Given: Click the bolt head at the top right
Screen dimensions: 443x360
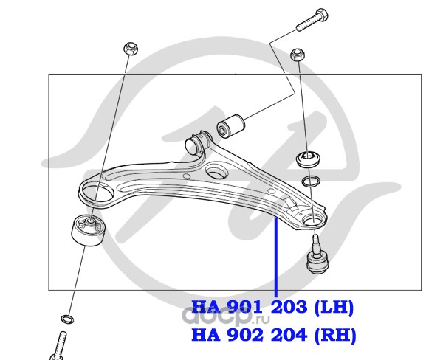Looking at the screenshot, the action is [322, 15].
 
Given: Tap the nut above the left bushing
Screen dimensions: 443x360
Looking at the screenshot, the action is [131, 49].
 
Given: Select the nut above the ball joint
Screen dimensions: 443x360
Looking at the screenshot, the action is [297, 55].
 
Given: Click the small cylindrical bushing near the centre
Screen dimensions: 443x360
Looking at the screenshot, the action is [230, 125].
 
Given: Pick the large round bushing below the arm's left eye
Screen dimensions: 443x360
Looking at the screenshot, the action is [88, 230].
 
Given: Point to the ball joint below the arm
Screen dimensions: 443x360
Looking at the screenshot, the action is [317, 255].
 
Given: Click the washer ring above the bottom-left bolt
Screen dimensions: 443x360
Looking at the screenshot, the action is [68, 319].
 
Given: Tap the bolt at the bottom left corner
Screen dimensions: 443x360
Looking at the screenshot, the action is [58, 346].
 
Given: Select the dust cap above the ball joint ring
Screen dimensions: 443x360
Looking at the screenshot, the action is [309, 159].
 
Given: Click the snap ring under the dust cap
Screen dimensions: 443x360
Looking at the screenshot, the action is [311, 181].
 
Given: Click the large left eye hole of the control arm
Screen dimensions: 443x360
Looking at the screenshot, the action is [97, 193].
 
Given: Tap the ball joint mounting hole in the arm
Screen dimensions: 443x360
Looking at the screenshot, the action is [312, 219].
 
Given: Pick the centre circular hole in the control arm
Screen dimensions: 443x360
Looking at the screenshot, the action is [216, 172].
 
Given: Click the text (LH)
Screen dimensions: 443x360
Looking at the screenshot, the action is [334, 307].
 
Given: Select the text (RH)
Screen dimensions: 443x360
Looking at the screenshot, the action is [335, 335].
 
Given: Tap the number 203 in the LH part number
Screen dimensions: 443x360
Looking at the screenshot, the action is [289, 307].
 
